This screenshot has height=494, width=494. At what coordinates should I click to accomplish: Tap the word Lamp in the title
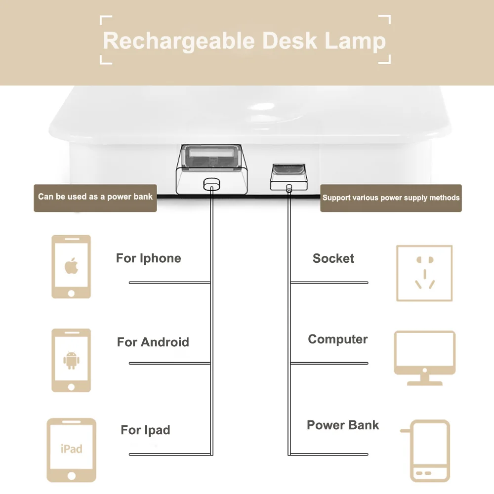(355, 41)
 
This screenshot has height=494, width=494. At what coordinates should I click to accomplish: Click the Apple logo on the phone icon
(72, 266)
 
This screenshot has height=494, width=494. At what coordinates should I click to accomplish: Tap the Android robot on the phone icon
(72, 360)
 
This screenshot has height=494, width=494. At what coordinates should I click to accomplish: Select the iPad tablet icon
(72, 450)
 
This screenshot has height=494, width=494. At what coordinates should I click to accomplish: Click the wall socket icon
(424, 273)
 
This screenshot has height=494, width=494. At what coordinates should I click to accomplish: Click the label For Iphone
(148, 258)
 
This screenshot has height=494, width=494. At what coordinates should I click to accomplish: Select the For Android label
(153, 342)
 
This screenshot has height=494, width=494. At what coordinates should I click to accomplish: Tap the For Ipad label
(145, 430)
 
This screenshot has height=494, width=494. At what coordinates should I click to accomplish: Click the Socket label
(333, 258)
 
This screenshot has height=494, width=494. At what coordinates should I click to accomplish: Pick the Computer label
(338, 339)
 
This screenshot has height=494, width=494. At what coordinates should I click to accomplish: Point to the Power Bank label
(343, 425)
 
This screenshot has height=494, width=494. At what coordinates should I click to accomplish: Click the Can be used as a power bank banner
(95, 197)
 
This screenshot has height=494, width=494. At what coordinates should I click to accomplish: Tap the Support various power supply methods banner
(391, 198)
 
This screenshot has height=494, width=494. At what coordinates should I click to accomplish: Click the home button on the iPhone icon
(72, 293)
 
